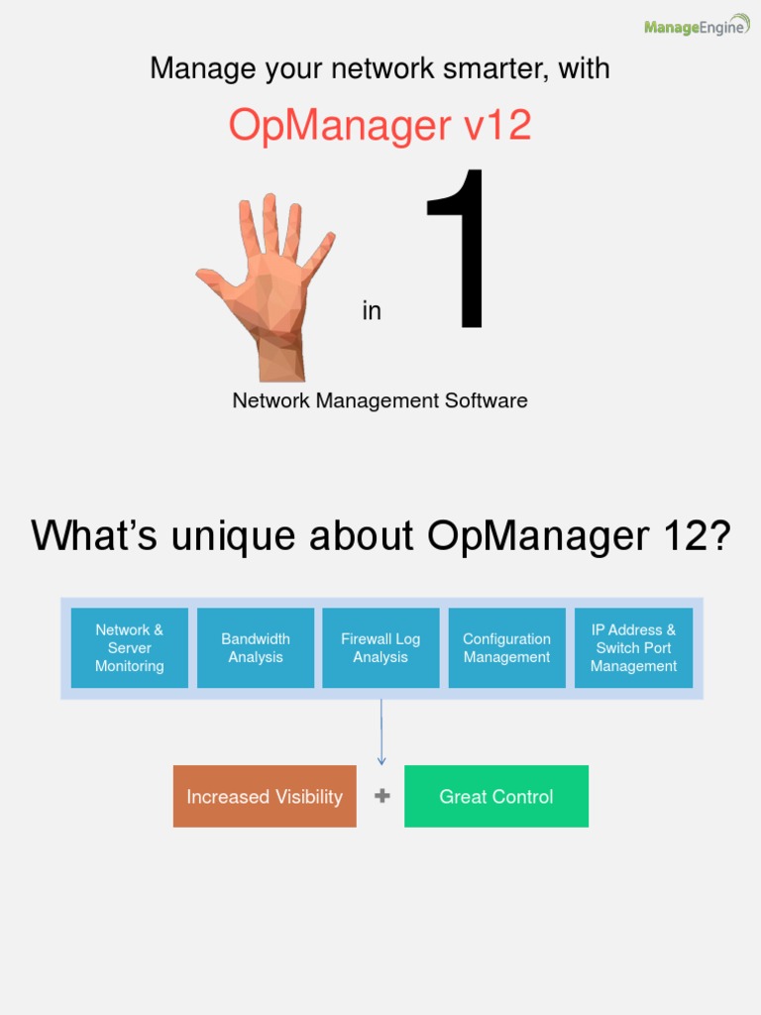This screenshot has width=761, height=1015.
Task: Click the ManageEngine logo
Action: pos(696,27)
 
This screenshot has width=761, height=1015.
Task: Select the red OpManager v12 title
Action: pos(380,126)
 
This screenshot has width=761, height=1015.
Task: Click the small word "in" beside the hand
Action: pos(372,311)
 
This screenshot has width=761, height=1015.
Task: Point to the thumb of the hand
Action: pos(214,282)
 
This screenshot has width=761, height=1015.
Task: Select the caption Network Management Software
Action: pos(380,400)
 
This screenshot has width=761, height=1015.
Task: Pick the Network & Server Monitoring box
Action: pos(129,648)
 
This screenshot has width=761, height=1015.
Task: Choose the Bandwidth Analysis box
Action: pos(256,648)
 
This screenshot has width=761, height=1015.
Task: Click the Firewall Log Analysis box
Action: pos(380,648)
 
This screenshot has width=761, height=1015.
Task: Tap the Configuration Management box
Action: pos(506,648)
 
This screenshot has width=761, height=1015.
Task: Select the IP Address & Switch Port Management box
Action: pos(633,648)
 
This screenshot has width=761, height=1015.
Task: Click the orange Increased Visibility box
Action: pos(265,796)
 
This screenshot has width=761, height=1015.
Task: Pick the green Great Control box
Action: pos(496,796)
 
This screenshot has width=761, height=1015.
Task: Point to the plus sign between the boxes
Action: pos(381,796)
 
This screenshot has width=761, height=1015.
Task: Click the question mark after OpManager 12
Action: pos(718,536)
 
